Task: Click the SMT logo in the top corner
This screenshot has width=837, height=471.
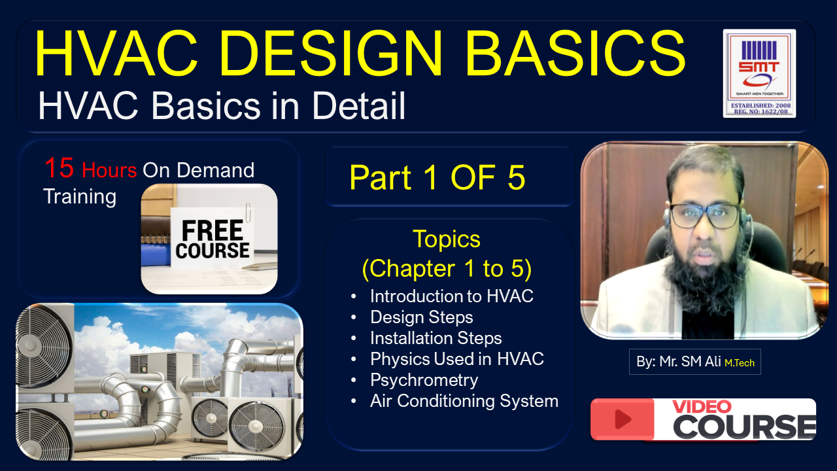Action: click(x=759, y=73)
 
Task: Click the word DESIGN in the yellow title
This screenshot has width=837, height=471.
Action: click(x=331, y=53)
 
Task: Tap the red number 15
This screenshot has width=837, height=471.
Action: click(x=59, y=168)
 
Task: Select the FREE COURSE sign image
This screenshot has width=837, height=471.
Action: click(x=209, y=239)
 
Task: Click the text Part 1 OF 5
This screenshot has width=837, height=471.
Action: click(x=437, y=177)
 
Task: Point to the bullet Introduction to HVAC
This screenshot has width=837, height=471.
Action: click(x=451, y=296)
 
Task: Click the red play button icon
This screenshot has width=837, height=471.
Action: click(x=623, y=419)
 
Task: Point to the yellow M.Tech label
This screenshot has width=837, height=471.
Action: click(x=740, y=362)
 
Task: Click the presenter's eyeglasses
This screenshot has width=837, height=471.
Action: click(x=705, y=216)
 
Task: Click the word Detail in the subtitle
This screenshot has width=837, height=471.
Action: click(x=358, y=106)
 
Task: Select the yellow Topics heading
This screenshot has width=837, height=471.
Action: click(x=447, y=239)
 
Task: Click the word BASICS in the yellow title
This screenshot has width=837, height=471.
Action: click(x=575, y=53)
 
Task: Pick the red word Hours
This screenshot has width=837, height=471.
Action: click(x=109, y=171)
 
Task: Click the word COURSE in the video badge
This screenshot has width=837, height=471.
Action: click(x=744, y=427)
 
